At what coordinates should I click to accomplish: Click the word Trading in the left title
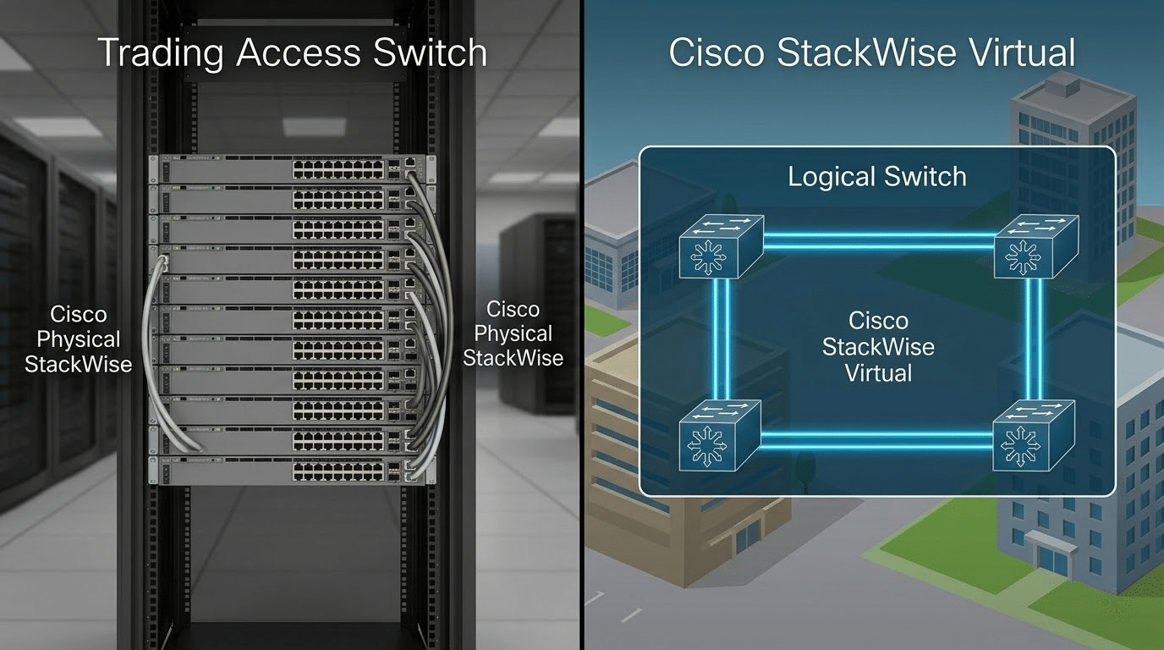coord(161,52)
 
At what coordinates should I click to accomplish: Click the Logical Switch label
coord(876,177)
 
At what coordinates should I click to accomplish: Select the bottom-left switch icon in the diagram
coord(721,437)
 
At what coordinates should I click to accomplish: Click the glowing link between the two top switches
coord(878,243)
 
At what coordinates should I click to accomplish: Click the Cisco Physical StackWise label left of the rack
coord(79,339)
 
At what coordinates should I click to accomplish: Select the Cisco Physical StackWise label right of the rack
coord(513,333)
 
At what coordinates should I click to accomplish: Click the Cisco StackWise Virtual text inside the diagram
coord(878,347)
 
